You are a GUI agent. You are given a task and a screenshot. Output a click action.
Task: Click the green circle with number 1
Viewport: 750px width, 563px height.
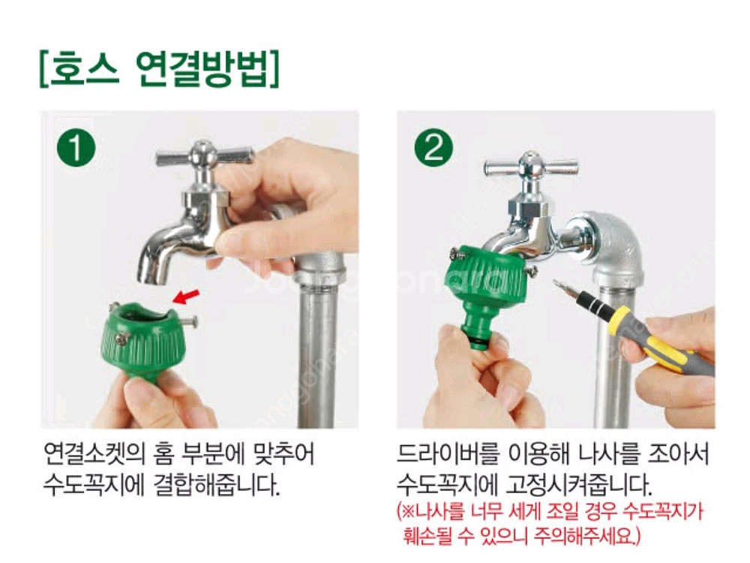(x=76, y=149)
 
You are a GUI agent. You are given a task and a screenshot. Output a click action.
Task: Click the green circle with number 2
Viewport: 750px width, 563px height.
(x=433, y=149)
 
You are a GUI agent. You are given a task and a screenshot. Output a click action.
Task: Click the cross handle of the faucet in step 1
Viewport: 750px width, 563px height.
(x=204, y=156)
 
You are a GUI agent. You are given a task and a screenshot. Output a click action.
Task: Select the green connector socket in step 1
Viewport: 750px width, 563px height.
(x=142, y=338)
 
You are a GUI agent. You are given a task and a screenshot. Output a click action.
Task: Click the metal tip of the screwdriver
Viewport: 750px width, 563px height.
(x=562, y=289)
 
